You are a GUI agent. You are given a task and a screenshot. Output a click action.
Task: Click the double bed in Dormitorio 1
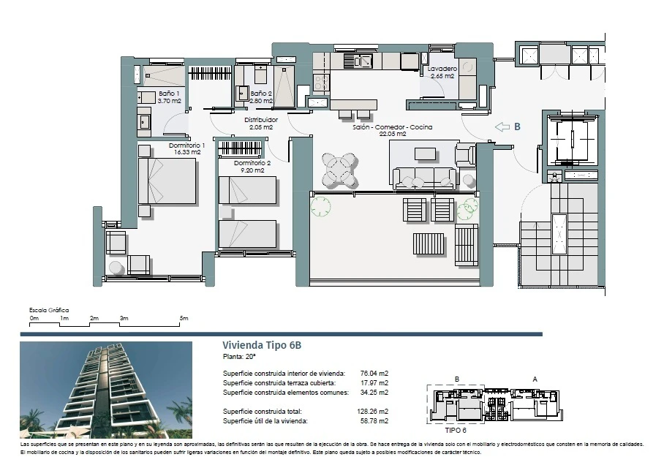(167, 181)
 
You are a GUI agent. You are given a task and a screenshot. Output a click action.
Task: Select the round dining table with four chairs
(340, 170)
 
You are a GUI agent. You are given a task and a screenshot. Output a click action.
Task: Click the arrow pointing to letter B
(502, 126)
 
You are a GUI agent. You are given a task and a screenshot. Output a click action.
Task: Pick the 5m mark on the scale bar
(184, 319)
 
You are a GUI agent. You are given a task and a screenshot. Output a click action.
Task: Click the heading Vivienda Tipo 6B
(262, 345)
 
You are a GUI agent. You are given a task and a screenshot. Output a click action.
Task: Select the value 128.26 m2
(373, 411)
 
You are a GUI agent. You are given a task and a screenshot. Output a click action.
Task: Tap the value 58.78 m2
(374, 421)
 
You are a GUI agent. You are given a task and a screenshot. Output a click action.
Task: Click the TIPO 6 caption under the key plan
(456, 431)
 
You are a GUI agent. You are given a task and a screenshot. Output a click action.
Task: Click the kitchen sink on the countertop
(358, 61)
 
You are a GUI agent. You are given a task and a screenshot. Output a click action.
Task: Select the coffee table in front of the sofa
(425, 154)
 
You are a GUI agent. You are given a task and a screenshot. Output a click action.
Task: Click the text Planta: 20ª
(239, 357)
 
